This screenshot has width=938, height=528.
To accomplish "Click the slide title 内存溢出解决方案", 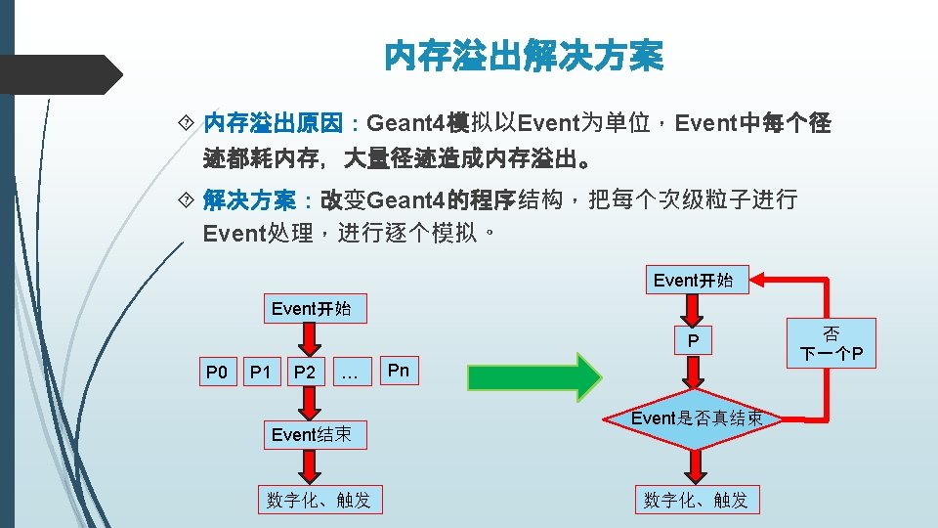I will pos(523,56).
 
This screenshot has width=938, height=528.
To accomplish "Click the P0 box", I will pos(216,372).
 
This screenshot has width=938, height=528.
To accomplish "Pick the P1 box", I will pos(260,372).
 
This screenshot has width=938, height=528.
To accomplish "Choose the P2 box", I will pos(305,372).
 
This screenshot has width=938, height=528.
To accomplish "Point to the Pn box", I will pos(398,371).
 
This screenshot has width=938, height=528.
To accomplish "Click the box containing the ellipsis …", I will pos(351,372).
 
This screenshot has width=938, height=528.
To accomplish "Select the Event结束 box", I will pos(311,434).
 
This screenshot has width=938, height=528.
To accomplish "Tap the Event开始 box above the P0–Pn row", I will pos(311,309).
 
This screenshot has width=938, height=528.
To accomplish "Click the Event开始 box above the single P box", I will pos(693,281).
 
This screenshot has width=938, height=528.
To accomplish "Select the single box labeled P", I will pos(693,341).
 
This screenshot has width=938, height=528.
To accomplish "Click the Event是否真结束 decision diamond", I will pos(693,418).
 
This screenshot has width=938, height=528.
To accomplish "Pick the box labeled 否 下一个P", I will pos(832,343).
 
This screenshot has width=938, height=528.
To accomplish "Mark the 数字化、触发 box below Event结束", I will pos(319,500).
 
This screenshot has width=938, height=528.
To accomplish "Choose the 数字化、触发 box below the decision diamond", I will pos(696,500).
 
